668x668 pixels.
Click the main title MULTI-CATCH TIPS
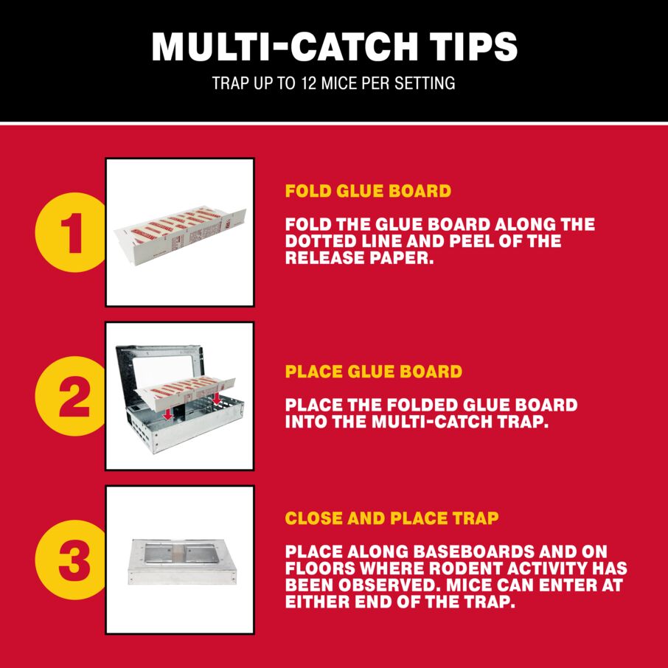pyautogui.click(x=334, y=46)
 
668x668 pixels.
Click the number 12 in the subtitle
pyautogui.click(x=309, y=83)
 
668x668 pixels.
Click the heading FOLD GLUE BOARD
pyautogui.click(x=368, y=191)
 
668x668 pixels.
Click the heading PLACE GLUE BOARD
pyautogui.click(x=373, y=372)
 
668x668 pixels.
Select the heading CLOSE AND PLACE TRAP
pyautogui.click(x=392, y=518)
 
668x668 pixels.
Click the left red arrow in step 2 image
pyautogui.click(x=168, y=412)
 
